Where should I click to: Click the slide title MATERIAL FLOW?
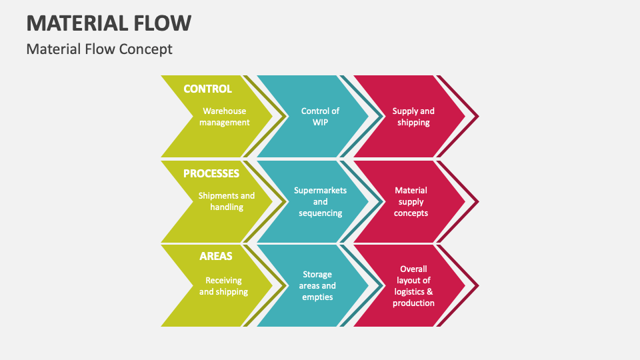coord(109,23)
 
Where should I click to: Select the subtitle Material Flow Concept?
coord(99,49)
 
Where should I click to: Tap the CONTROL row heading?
coord(207,89)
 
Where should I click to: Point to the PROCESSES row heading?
coord(211,173)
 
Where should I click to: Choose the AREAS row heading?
coord(215,256)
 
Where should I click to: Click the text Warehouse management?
coord(225,117)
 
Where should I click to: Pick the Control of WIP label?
coord(320,117)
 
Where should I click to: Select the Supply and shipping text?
coord(413,117)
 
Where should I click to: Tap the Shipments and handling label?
coord(227,201)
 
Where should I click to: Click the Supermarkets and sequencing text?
coord(320,201)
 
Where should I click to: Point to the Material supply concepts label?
coord(411,201)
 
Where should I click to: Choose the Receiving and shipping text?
coord(223,286)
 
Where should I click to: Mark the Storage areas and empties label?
coord(317,285)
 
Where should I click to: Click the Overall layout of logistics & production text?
coord(414,286)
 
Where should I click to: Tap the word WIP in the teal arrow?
coord(320,123)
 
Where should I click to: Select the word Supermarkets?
coord(320,190)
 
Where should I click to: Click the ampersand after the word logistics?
coord(431,291)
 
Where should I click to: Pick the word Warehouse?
coord(225,111)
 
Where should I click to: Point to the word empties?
coord(317,297)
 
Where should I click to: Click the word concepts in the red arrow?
coord(411,213)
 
